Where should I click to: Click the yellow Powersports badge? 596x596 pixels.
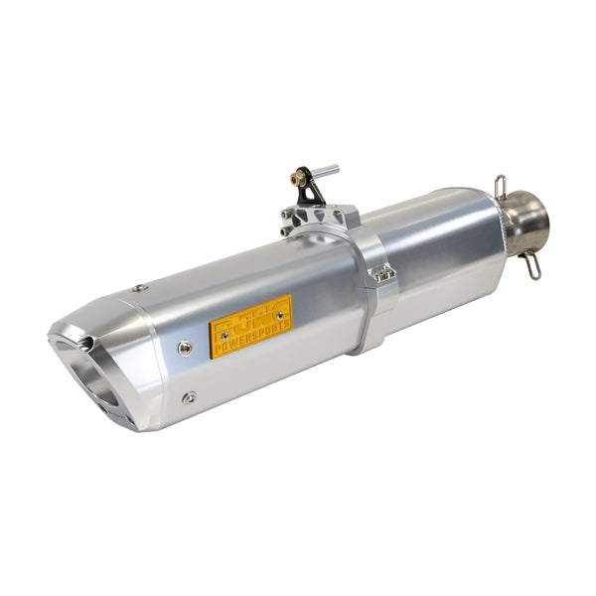pos(250,325)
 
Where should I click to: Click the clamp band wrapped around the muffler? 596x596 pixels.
pos(371,298)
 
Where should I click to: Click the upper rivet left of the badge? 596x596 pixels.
pos(185,347)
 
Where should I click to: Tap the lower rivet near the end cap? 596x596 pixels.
pos(188,397)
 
